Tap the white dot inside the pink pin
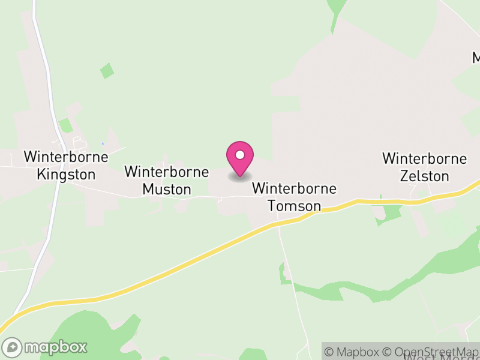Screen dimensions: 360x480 coord(240,155)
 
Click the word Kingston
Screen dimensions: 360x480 coord(66,175)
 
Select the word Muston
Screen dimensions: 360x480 coord(167,190)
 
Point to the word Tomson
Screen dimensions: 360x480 coord(294,206)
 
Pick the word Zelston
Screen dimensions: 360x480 coord(425,176)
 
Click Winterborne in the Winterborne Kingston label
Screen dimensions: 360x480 coord(66,157)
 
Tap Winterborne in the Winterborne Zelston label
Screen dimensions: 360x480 coord(425,159)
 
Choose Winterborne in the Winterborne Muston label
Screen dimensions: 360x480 coord(167,172)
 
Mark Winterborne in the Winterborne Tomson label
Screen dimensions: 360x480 coord(294,188)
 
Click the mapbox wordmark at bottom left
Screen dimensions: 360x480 coord(56,347)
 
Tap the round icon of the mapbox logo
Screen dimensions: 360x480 coord(13,347)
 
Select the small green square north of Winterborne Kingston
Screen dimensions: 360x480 coord(107,70)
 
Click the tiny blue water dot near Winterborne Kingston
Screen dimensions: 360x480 coord(103,143)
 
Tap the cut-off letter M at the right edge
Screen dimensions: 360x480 coord(476,58)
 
